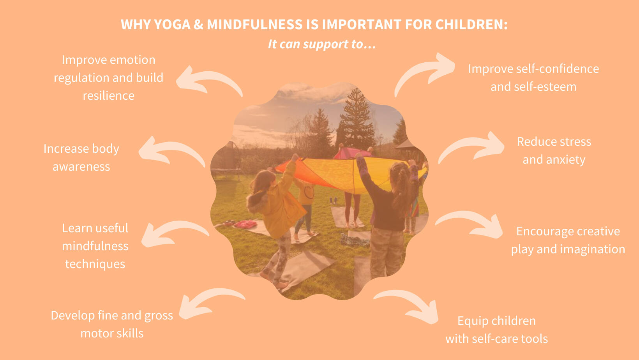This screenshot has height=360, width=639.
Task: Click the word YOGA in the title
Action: tap(172, 25)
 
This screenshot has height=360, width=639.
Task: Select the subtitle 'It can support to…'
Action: tap(322, 44)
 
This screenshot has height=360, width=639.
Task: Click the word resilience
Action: tap(108, 95)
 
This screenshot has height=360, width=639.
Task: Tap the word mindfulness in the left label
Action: tap(95, 246)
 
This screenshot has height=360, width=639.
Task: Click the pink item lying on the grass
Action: tap(245, 224)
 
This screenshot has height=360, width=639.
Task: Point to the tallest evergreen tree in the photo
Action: tap(357, 120)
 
